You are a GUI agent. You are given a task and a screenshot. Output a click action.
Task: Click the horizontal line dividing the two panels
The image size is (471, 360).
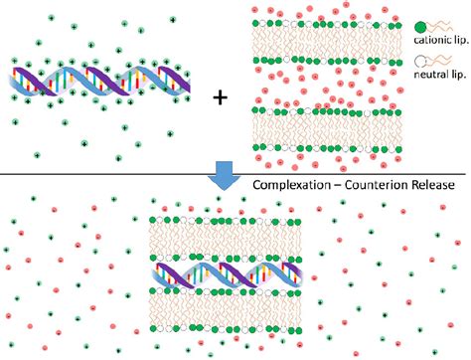coord(99,175)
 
